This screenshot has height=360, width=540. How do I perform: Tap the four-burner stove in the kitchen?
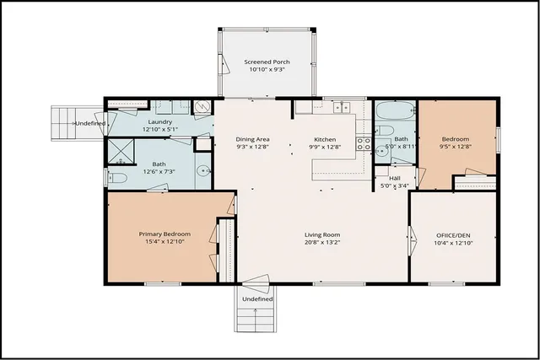click(364, 143)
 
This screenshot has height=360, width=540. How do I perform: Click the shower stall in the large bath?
click(121, 151)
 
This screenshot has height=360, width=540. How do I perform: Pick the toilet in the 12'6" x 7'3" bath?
click(117, 177)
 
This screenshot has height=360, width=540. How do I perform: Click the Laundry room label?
click(159, 122)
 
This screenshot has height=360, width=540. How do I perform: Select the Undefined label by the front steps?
click(257, 298)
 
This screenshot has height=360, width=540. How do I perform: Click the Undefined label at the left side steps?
click(90, 124)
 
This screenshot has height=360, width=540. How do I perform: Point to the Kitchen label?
click(326, 138)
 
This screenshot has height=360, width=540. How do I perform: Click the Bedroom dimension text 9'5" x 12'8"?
click(455, 147)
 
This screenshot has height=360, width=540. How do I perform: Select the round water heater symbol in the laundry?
click(202, 107)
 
